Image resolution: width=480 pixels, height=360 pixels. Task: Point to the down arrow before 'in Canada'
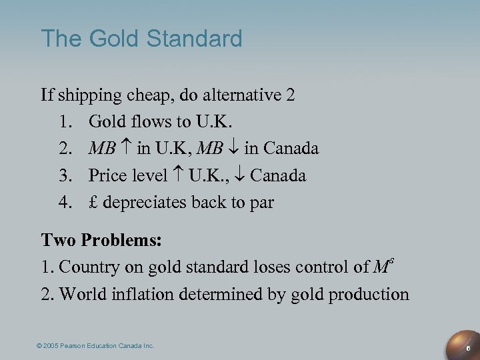pos(235,149)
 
